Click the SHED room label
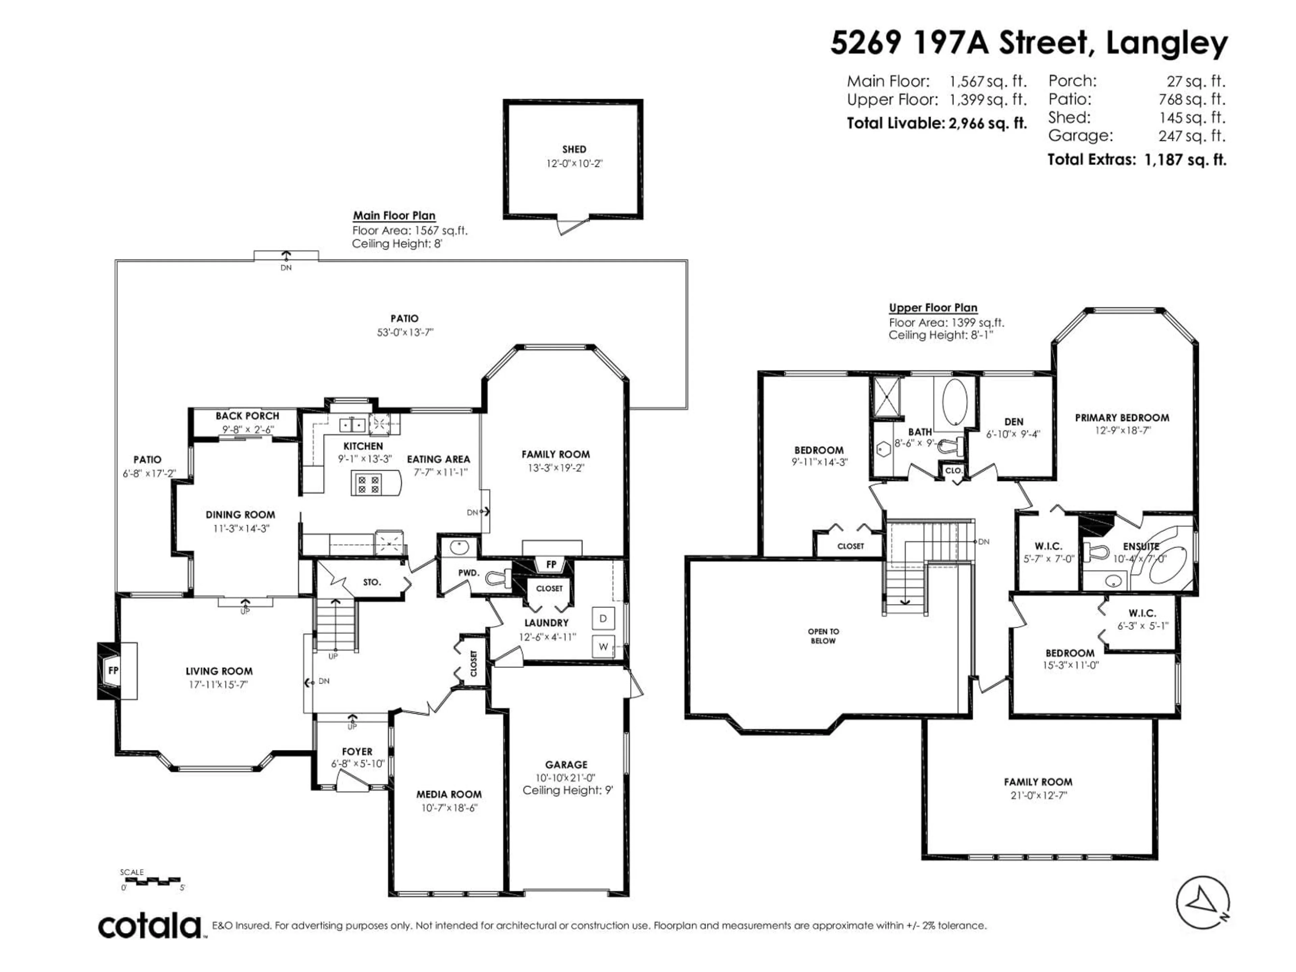tap(574, 150)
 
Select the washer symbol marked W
tap(603, 647)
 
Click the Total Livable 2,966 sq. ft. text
tap(936, 124)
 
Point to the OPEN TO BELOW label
tap(823, 636)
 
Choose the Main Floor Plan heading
tap(394, 216)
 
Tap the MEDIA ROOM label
tap(449, 794)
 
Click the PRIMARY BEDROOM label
tap(1122, 418)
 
